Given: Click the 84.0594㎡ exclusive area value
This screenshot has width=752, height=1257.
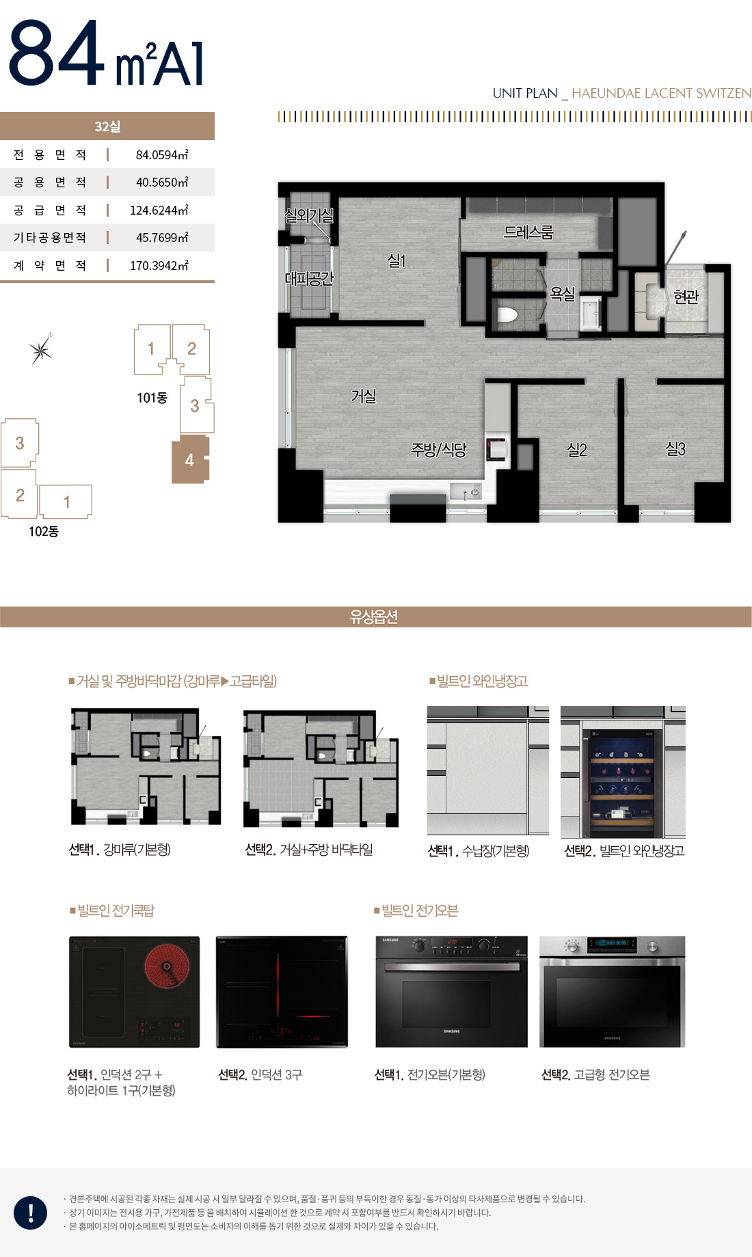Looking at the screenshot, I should point(161,155).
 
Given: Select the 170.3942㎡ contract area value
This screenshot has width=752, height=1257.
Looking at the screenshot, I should point(159,265).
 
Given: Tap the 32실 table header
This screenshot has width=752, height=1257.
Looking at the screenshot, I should point(107,126).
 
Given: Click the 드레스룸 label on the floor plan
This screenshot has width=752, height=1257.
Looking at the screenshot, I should point(528,232).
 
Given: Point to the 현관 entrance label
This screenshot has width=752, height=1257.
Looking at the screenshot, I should point(686,297).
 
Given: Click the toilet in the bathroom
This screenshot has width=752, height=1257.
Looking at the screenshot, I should point(507,315).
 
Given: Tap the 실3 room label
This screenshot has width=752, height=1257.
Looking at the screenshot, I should point(675,449).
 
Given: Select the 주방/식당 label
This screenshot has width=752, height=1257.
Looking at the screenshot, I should point(438,450).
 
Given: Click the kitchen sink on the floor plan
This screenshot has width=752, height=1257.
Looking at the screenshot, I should point(466,491).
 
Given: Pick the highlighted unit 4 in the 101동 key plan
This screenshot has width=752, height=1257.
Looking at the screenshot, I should point(189,460).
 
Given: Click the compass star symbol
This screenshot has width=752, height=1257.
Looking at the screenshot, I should point(41,351).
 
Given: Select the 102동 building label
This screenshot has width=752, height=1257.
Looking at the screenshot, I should point(44,532).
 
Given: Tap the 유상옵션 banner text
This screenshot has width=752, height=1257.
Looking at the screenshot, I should point(374,617).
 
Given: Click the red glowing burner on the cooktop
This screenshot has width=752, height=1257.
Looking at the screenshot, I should point(167,967).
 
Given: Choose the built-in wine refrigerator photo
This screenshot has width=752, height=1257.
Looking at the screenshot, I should point(622,772).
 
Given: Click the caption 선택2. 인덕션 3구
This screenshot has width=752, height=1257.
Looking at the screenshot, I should point(260,1074).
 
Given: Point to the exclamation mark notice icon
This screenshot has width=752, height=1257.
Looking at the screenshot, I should point(31,1213).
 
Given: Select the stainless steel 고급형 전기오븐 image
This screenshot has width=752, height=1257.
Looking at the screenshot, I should point(612,992).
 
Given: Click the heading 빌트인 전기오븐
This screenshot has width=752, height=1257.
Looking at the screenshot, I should point(419,910).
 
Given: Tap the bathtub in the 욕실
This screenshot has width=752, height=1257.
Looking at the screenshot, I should point(590,314).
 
